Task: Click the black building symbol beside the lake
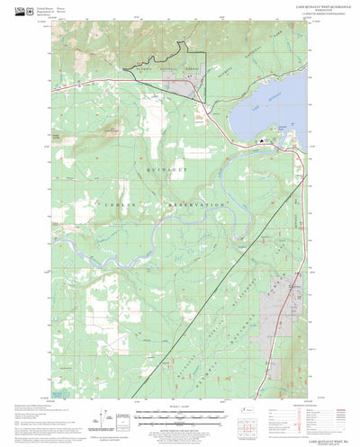click(263, 140)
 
